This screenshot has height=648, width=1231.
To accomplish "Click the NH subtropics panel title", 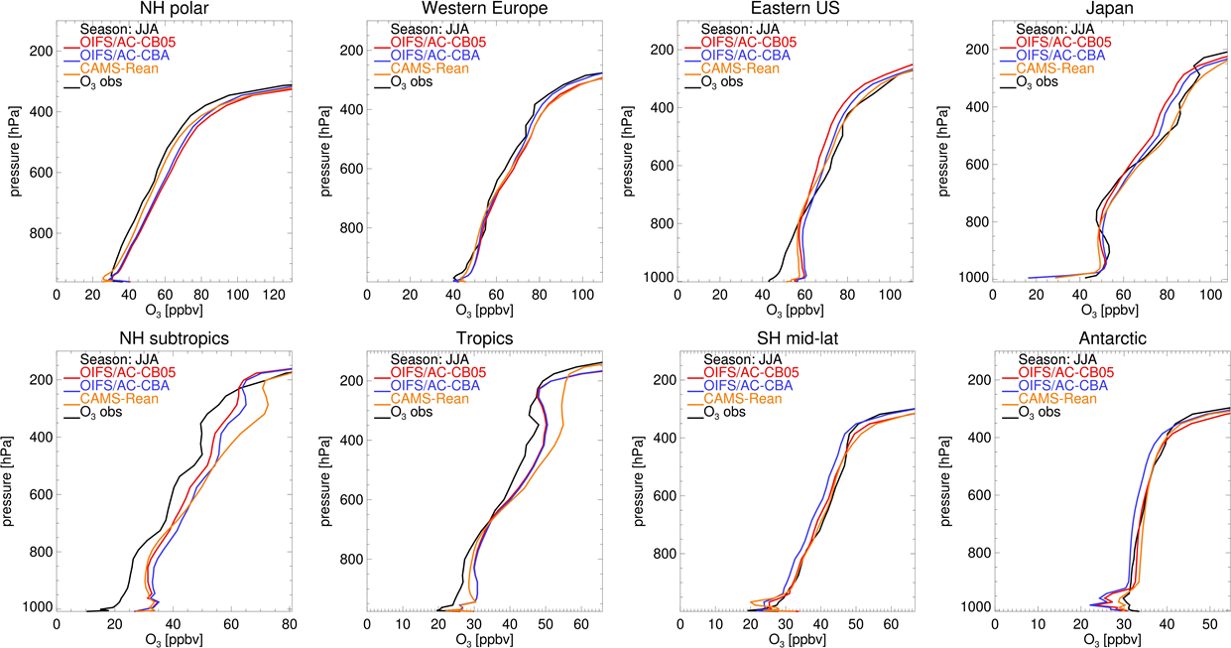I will [x=174, y=338].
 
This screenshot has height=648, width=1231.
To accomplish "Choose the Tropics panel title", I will [x=484, y=338].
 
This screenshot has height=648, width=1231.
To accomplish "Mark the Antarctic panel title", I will [x=1111, y=338].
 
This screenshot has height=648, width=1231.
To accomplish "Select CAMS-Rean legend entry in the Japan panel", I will [x=1058, y=68].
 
